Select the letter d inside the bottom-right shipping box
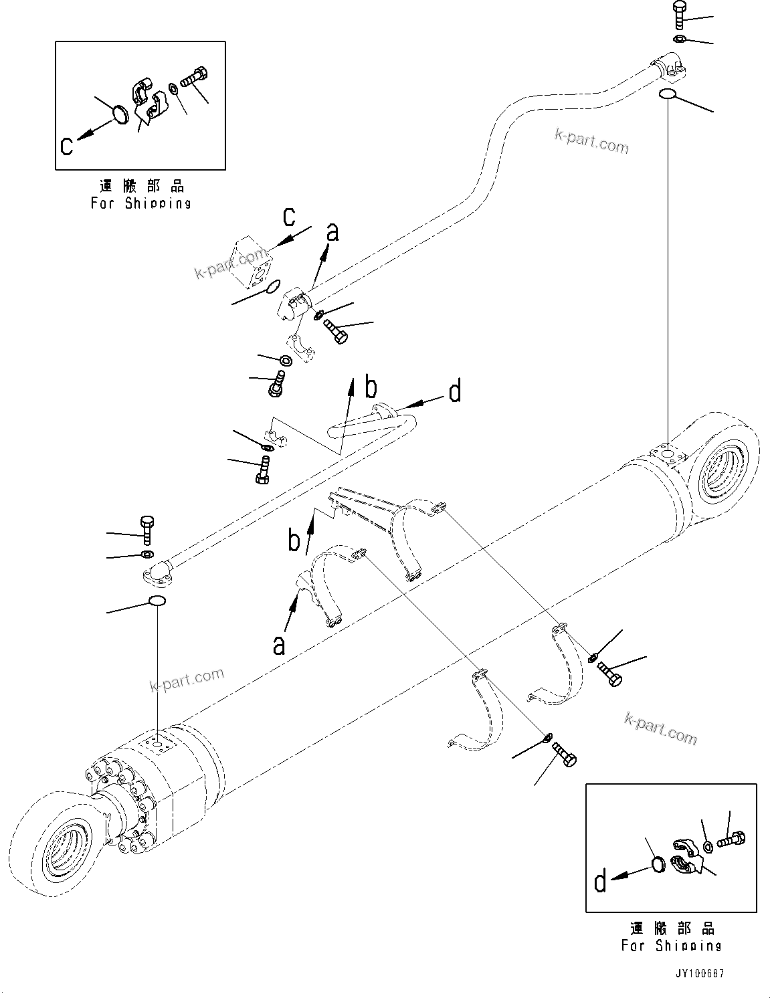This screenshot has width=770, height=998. point(600,882)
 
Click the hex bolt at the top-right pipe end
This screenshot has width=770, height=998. point(678,15)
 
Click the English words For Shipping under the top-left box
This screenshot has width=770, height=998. point(141,203)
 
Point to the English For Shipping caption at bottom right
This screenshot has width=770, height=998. point(671,946)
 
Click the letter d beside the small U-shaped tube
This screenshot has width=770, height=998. point(455,392)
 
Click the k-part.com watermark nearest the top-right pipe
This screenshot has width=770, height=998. point(591,140)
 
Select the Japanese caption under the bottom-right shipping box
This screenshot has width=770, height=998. point(672,928)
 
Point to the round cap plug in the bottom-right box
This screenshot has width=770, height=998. point(658,865)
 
